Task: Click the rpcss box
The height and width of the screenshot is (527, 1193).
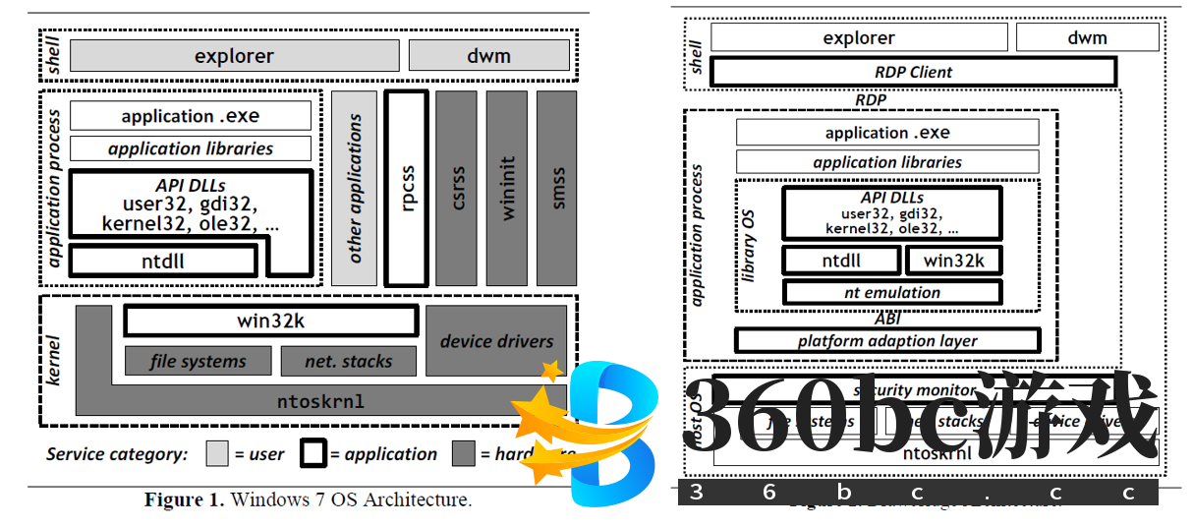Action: [407, 188]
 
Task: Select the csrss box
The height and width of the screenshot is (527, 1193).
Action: [456, 188]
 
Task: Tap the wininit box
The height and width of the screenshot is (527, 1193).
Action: [506, 188]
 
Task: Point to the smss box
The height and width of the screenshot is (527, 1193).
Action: [557, 188]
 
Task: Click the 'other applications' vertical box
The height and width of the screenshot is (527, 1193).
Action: [354, 188]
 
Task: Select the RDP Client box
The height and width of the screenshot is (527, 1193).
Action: [913, 72]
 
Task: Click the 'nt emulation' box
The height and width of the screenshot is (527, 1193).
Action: [891, 292]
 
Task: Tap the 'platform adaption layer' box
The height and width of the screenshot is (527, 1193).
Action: [886, 341]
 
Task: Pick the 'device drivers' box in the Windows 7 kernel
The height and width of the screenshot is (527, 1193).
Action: [496, 341]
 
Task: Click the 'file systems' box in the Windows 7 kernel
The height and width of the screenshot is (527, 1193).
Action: [198, 361]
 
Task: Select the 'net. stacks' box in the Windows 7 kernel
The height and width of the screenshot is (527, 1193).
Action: [348, 361]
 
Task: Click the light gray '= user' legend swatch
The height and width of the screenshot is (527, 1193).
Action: [217, 453]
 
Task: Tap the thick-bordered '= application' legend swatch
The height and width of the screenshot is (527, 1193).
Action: [312, 453]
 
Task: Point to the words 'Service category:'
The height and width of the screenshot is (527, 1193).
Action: [116, 454]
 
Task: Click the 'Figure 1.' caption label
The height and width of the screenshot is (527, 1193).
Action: [184, 499]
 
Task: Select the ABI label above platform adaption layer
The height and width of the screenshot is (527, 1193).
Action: [886, 319]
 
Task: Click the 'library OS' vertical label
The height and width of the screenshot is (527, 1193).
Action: [750, 246]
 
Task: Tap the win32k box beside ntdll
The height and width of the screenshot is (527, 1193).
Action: [952, 261]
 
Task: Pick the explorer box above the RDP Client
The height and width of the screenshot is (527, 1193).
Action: [859, 38]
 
